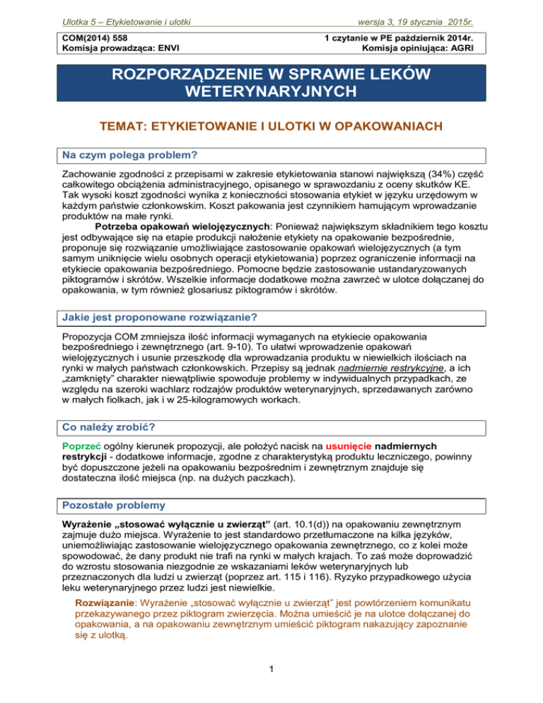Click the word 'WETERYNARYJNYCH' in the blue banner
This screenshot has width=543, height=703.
point(271,93)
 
